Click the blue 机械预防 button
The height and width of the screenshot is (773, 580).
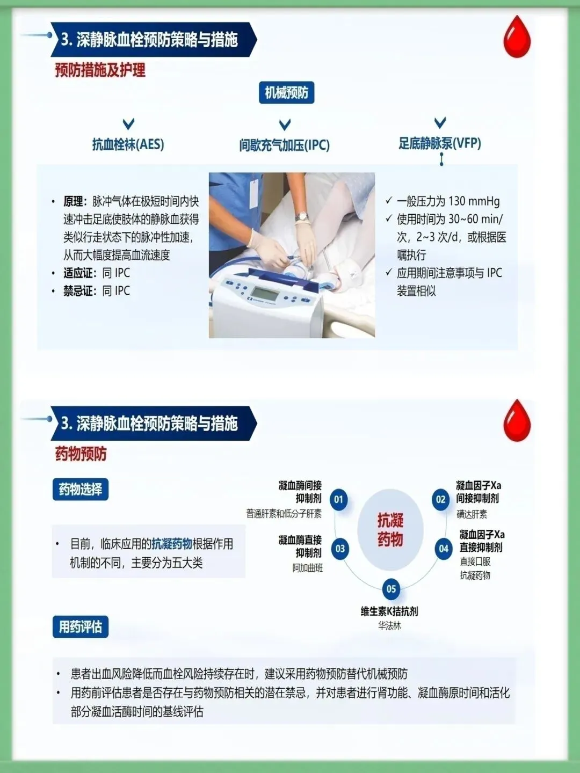[x=286, y=93]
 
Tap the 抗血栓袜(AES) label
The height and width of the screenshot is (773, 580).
[x=128, y=144]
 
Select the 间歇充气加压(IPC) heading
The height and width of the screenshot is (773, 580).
[x=284, y=145]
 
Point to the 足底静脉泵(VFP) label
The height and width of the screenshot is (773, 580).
[x=440, y=143]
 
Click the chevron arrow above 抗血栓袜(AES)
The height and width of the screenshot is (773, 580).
[x=128, y=123]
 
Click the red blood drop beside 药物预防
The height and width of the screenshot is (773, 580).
[x=517, y=420]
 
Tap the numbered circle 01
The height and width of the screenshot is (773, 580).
[x=339, y=499]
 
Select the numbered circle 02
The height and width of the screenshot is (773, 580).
[x=440, y=499]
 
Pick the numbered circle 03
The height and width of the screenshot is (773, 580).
[x=340, y=549]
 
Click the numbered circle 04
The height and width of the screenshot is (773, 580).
[x=444, y=548]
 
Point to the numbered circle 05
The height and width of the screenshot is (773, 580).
[x=392, y=589]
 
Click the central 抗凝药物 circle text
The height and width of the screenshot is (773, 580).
[x=390, y=530]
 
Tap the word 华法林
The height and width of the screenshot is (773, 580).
[x=389, y=626]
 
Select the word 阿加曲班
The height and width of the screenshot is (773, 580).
[x=307, y=568]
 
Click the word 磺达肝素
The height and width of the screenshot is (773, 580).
[x=472, y=514]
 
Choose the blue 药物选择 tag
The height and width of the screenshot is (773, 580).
[x=81, y=489]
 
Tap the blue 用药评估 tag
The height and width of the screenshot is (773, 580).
[x=81, y=626]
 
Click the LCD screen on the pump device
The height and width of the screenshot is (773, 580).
[x=263, y=293]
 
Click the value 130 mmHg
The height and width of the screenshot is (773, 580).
[x=474, y=201]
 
